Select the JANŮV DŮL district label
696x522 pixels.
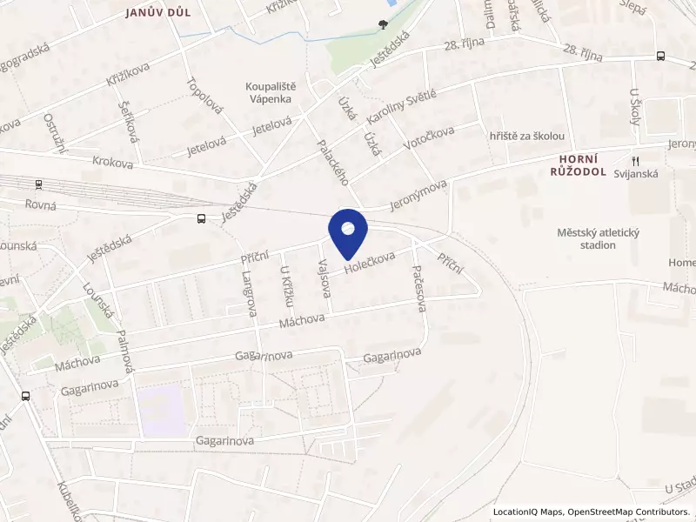157,12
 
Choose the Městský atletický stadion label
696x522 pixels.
586,238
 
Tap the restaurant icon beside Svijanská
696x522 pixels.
635,160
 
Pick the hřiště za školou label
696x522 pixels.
527,137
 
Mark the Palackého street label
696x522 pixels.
333,163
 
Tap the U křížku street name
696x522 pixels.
285,286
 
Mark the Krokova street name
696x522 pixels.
113,162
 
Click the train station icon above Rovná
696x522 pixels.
38,184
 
